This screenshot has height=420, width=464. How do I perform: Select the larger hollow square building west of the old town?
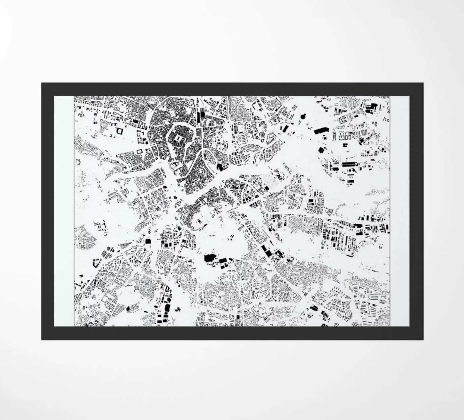[x=119, y=131]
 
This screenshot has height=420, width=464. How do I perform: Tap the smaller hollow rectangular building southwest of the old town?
[x=139, y=151]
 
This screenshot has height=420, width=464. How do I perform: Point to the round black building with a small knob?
[x=303, y=116]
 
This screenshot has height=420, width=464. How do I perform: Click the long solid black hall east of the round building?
[x=320, y=130]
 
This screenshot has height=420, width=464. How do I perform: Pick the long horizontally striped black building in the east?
[x=348, y=164]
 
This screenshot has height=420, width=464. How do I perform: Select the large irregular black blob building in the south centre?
[x=209, y=258]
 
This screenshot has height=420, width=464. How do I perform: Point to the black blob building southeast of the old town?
[x=219, y=166]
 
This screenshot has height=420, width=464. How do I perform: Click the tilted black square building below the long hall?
[x=321, y=150]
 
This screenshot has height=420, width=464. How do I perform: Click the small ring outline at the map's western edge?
[x=79, y=162]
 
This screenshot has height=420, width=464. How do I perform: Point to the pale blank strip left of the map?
[x=64, y=211]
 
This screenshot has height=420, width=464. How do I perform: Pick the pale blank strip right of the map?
[x=400, y=211]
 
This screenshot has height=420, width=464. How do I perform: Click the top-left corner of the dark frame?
[x=42, y=83]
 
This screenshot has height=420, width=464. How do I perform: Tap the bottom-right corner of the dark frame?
[x=423, y=339]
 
